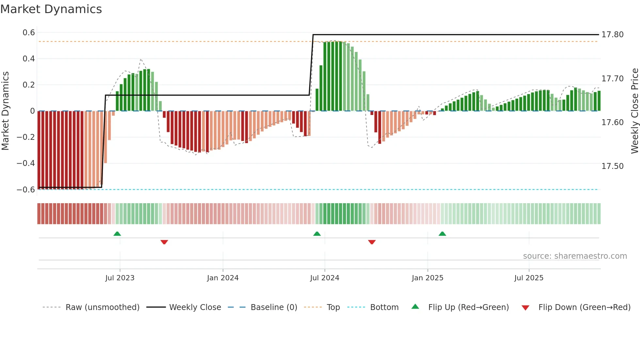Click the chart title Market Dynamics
[x=51, y=9]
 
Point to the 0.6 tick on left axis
[x=29, y=33]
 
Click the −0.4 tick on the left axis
[x=26, y=163]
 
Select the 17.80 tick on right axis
[x=612, y=35]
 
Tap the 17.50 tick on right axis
[x=612, y=166]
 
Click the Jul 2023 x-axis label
[x=120, y=278]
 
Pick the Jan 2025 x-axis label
[x=427, y=278]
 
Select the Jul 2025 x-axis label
[x=529, y=278]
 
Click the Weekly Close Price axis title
[x=634, y=111]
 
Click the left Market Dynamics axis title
[x=5, y=111]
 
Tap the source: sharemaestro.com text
[x=575, y=256]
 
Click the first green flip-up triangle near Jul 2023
[x=117, y=234]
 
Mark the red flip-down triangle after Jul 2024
[x=372, y=242]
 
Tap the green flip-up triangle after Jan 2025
[x=442, y=234]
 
